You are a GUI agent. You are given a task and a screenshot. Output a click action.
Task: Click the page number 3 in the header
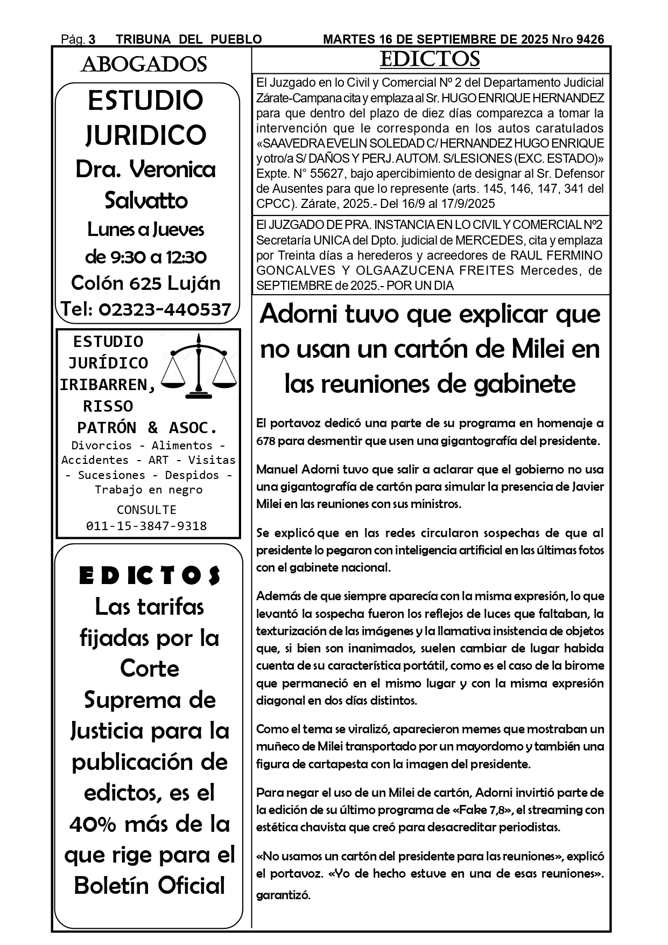(92, 39)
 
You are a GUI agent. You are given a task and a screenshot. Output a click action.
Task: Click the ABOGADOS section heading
(144, 65)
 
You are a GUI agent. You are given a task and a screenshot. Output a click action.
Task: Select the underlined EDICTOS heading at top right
(430, 59)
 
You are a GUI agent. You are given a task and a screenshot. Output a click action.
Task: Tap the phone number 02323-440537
(165, 309)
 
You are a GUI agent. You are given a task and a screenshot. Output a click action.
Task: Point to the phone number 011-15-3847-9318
(146, 526)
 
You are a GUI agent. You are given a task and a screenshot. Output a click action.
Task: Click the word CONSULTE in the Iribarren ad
(146, 510)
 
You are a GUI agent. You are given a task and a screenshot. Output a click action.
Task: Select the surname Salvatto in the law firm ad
(146, 200)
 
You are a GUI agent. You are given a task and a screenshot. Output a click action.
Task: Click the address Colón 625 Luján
(146, 283)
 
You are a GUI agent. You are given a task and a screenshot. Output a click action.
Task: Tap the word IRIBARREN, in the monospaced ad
(108, 385)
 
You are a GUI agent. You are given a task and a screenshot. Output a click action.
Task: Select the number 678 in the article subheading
(266, 441)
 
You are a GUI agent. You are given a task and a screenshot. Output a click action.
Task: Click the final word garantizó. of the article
(283, 895)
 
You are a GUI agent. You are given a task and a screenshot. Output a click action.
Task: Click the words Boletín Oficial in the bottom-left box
(149, 886)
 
